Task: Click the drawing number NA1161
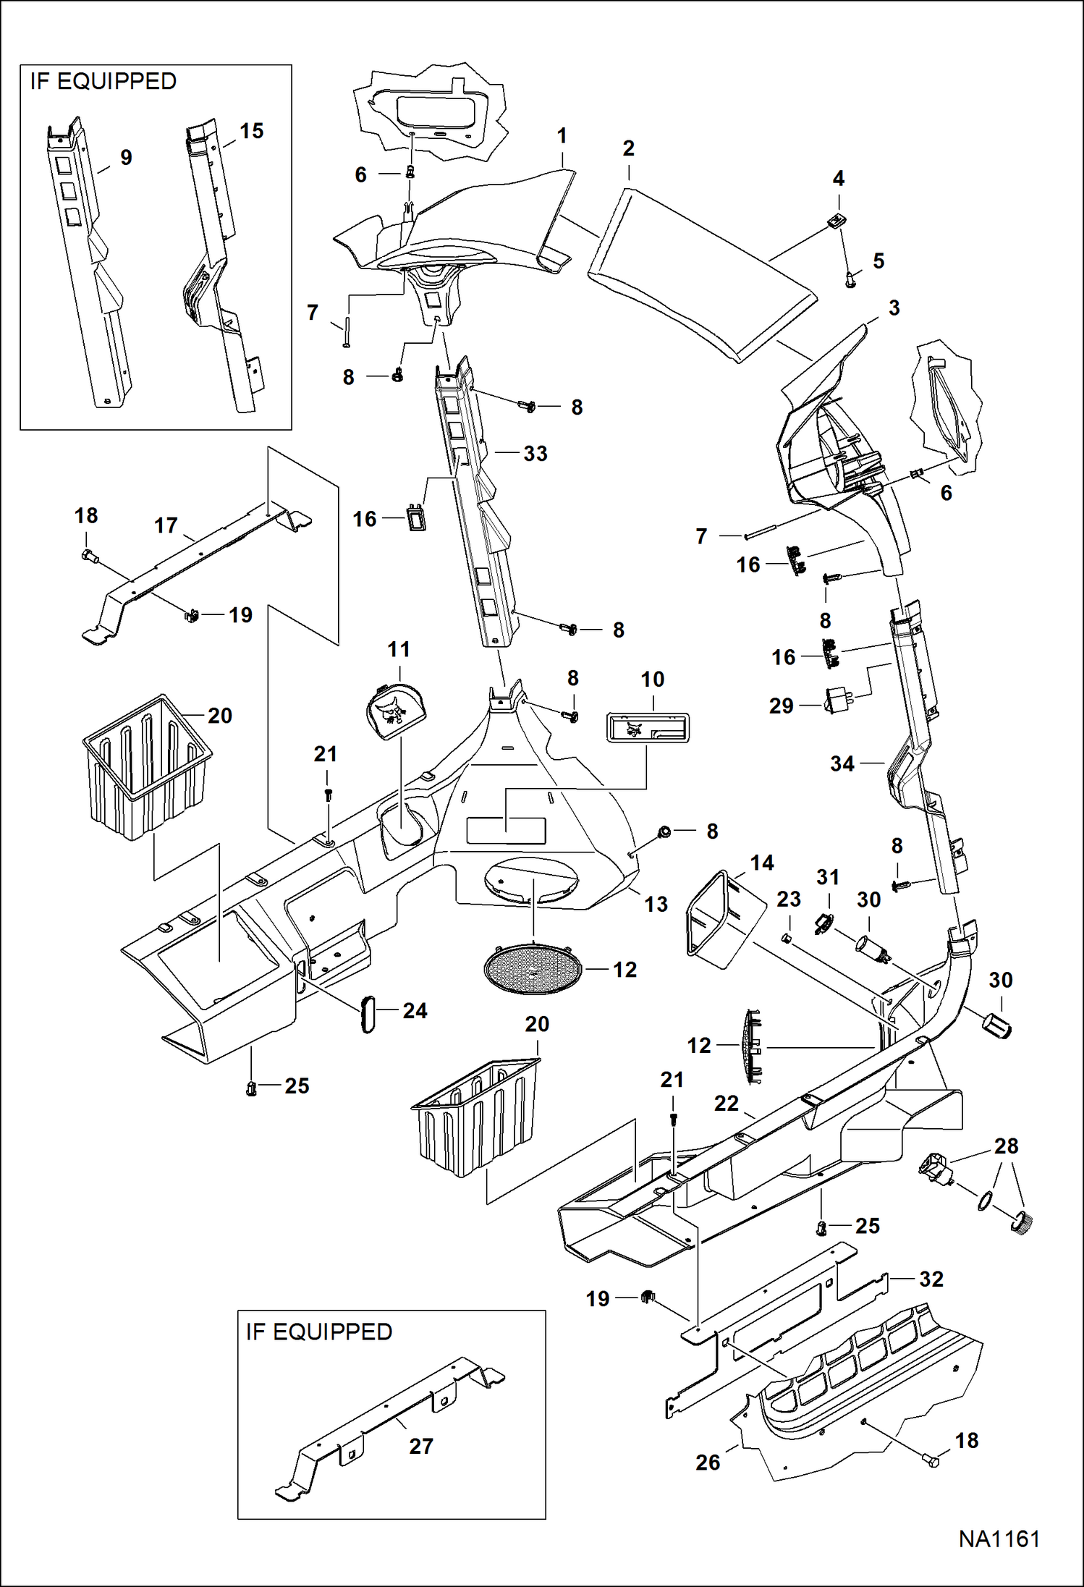tap(999, 1539)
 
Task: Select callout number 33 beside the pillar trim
tap(535, 454)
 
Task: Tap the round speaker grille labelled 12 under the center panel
tap(533, 969)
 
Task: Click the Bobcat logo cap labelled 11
tap(395, 713)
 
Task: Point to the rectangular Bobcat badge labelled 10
tap(647, 727)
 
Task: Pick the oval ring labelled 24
tap(368, 1012)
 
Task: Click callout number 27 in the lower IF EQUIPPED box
tap(421, 1446)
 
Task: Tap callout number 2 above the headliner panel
tap(628, 148)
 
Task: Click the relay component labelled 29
tap(837, 701)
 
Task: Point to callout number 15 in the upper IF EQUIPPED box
tap(251, 131)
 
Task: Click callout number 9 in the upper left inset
tap(126, 157)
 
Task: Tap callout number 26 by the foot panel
tap(708, 1463)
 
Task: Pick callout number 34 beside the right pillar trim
tap(842, 763)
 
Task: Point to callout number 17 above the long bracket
tap(166, 525)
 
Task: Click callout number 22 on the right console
tap(727, 1103)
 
